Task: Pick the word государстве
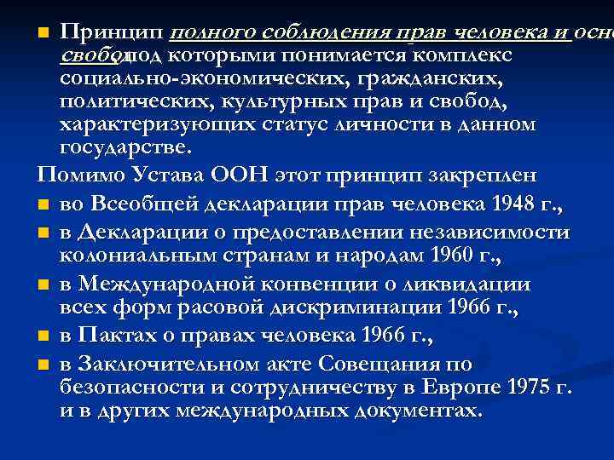pyautogui.click(x=116, y=147)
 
